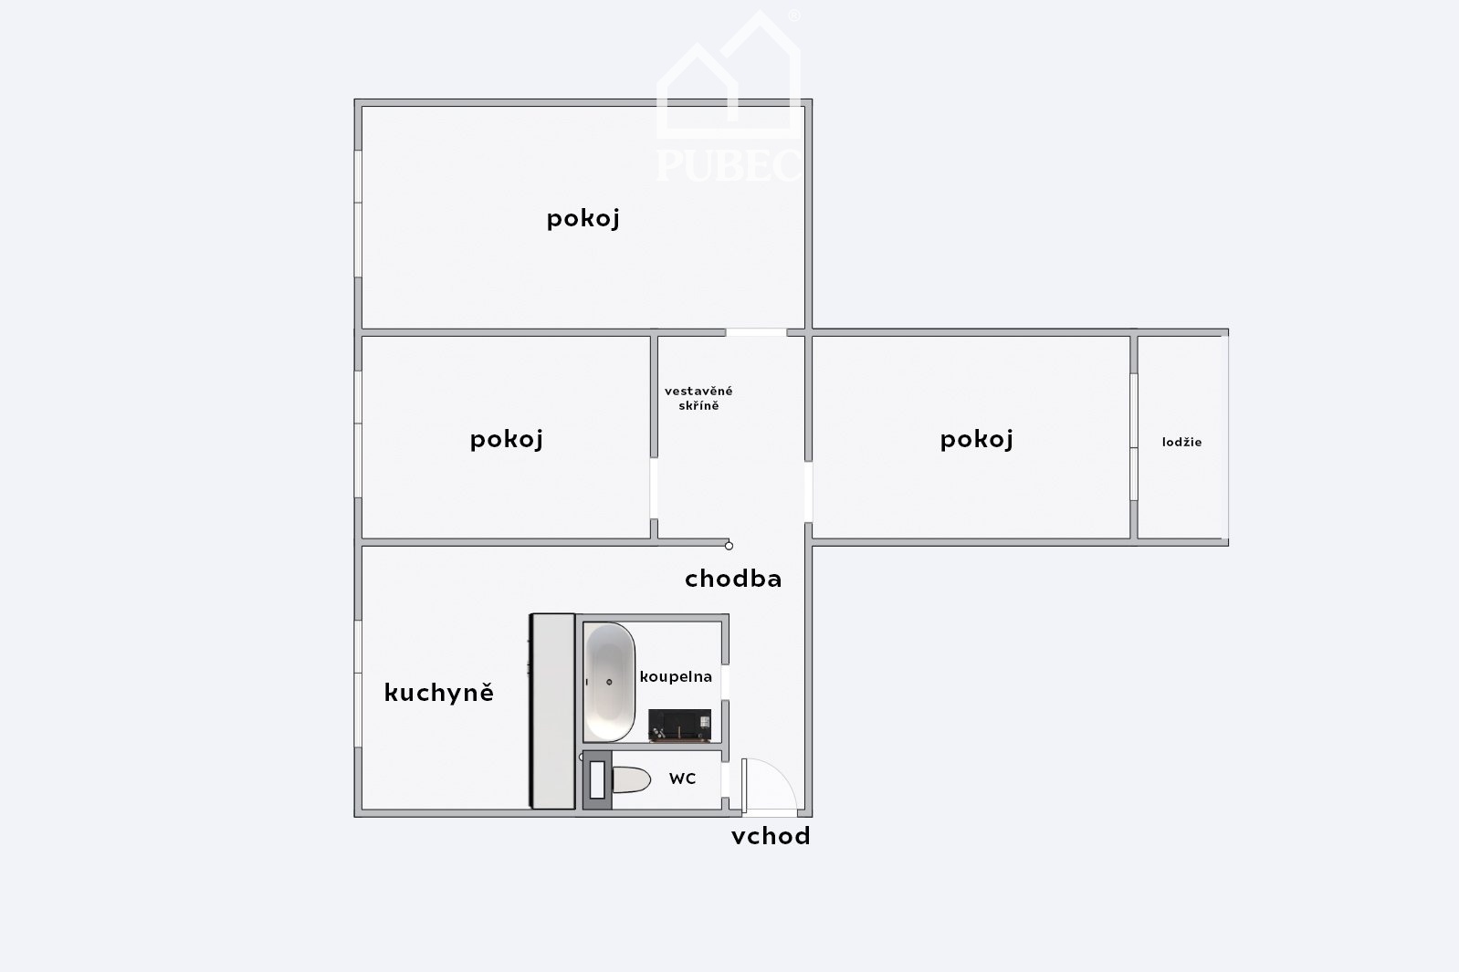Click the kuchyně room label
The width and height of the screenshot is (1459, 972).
pos(439,693)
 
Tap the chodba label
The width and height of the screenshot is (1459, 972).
pos(733,578)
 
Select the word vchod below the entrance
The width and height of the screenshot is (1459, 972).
pos(771,836)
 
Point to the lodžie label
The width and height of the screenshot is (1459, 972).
pos(1181,442)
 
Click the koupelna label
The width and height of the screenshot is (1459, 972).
pos(676,677)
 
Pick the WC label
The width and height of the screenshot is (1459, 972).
pos(683,779)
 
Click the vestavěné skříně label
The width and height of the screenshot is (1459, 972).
pos(698,399)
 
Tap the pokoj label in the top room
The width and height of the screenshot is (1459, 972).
pos(583,219)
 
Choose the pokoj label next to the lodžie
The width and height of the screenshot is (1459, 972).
pos(976,440)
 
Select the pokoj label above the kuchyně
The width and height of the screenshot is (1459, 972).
pos(506,440)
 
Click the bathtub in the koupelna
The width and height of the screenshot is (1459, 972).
pos(609,682)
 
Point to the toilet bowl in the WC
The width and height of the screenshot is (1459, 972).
pos(631,779)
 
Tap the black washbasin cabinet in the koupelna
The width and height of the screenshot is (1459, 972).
pos(679,726)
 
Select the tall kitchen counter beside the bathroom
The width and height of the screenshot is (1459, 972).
pos(552,711)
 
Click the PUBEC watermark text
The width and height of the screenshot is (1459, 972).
pos(729,165)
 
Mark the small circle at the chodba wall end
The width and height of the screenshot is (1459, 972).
pos(729,546)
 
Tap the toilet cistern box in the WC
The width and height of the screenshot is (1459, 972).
pos(597,780)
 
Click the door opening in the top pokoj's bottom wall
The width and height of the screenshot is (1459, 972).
pos(756,333)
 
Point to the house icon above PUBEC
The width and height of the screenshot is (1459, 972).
pos(729,75)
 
